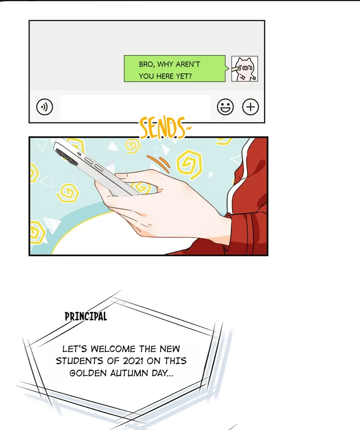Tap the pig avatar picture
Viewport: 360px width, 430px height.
(244, 68)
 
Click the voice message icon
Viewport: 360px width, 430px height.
(45, 107)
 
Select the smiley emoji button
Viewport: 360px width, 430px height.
(225, 107)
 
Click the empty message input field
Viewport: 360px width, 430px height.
(135, 107)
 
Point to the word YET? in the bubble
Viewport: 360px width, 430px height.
(184, 76)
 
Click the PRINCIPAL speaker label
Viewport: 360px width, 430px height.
(86, 317)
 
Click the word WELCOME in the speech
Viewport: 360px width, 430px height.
(113, 349)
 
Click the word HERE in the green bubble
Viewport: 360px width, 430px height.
(165, 76)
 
